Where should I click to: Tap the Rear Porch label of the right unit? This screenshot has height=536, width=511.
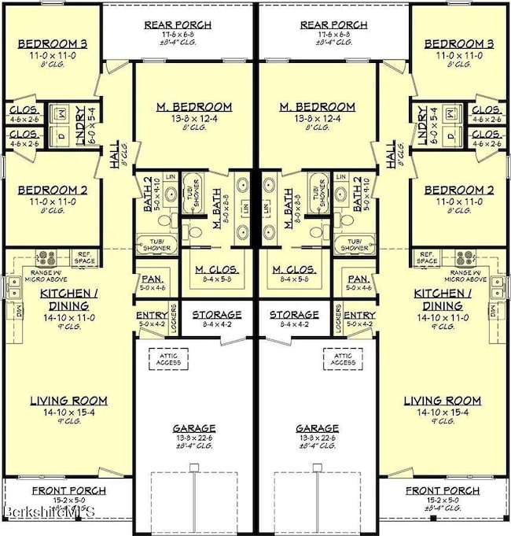coord(335,24)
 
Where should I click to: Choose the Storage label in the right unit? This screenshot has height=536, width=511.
coord(295,314)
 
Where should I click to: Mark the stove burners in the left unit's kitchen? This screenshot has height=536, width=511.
coord(46,257)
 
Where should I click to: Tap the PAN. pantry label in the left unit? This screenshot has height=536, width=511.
coord(150,279)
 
